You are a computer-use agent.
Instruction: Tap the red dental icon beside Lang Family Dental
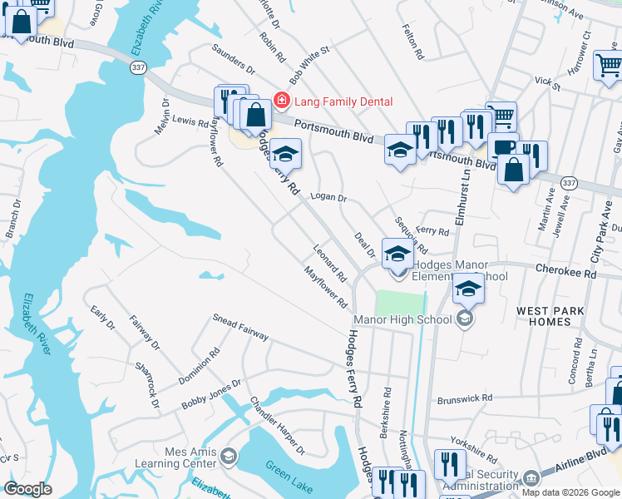(x=282, y=101)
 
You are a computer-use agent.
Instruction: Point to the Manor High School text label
(x=402, y=319)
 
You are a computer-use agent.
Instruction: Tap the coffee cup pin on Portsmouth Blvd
(x=503, y=146)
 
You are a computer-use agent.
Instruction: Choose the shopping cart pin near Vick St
(x=609, y=64)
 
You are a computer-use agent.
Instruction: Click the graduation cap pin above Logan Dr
(x=285, y=152)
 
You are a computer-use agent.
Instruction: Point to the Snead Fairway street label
(x=240, y=328)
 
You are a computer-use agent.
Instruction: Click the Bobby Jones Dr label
(x=211, y=394)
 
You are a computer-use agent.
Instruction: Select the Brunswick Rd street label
(x=464, y=398)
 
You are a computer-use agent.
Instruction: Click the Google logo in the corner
(x=27, y=489)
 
